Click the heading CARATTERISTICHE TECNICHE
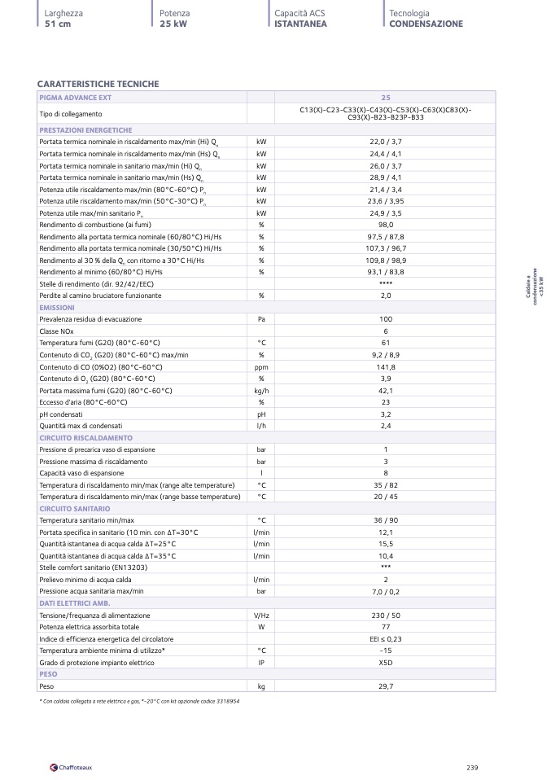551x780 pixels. (98, 84)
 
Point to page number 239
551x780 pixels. (472, 766)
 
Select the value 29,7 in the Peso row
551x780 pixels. (386, 686)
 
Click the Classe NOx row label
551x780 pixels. (56, 331)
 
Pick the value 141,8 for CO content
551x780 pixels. (386, 366)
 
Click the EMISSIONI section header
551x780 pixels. (57, 308)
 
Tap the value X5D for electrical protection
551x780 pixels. (386, 663)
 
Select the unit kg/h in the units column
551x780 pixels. (261, 390)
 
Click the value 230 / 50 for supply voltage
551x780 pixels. (386, 615)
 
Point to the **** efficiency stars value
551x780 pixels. (386, 283)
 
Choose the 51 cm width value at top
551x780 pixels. (59, 24)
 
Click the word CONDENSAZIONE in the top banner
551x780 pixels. (426, 24)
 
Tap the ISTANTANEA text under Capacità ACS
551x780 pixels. (300, 24)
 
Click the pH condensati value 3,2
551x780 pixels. (386, 414)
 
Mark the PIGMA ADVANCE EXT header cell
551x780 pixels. (75, 97)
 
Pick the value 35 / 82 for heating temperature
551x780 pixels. (386, 484)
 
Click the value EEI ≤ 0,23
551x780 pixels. (386, 639)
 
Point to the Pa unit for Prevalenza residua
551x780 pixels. (261, 319)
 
